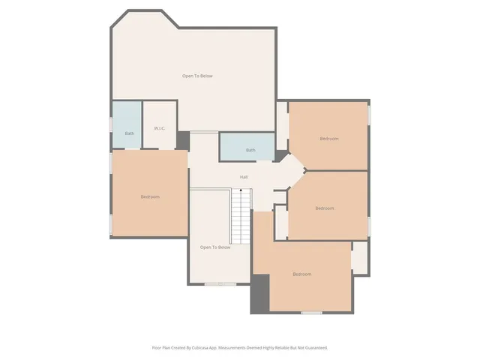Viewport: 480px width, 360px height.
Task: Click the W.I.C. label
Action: pos(160,128)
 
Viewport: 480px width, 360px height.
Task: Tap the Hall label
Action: pos(244,177)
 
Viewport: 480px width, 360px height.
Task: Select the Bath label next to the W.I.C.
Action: pos(130,133)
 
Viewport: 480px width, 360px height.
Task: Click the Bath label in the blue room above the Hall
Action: pos(250,150)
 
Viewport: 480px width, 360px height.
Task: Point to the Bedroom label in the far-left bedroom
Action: pos(150,196)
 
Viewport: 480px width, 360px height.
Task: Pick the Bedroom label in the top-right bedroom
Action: pos(329,139)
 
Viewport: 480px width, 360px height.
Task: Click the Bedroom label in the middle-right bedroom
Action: pos(324,208)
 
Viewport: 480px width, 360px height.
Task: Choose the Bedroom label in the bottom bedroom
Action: pos(301,274)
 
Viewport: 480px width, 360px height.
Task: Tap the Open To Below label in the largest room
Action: pos(198,76)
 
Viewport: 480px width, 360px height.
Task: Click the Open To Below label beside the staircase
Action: pos(215,247)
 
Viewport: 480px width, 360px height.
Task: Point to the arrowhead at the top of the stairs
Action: pos(240,192)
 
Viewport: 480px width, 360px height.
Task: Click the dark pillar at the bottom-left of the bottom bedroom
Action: pos(259,293)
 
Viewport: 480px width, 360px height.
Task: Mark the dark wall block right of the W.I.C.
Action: pos(183,140)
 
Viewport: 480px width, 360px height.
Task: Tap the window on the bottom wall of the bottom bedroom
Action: pos(311,312)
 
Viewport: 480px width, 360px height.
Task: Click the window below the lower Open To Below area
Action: pos(220,283)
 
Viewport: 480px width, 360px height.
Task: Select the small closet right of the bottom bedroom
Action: pos(360,257)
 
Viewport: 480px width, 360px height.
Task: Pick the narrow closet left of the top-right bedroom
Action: pos(282,124)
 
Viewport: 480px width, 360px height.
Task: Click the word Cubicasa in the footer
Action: pos(199,347)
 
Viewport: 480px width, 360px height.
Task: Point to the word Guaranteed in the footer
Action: pos(313,347)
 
